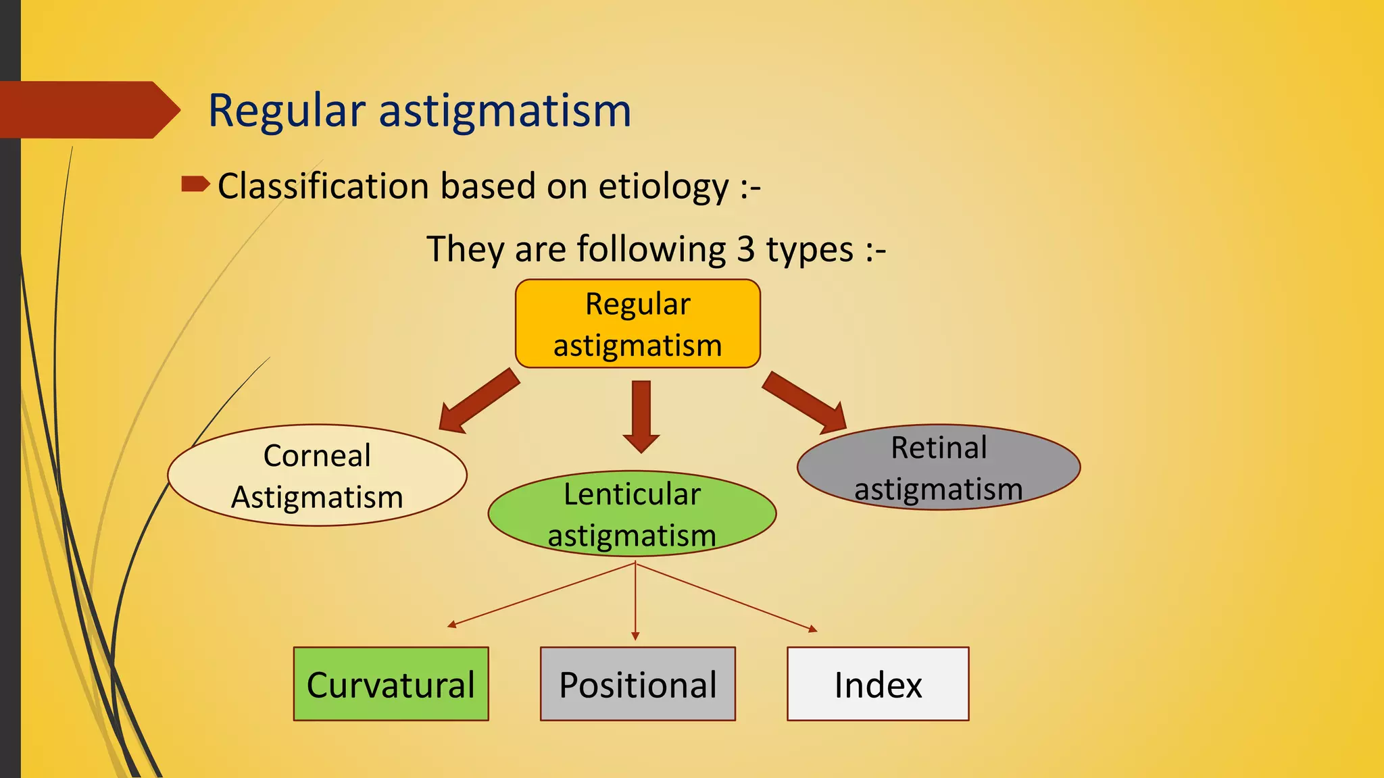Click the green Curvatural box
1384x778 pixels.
tap(391, 683)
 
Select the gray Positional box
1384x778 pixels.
tap(637, 683)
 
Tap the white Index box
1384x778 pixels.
tap(877, 683)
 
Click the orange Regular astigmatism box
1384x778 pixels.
tap(637, 323)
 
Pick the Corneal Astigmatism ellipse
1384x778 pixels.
tap(317, 475)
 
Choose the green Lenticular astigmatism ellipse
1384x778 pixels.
tap(632, 514)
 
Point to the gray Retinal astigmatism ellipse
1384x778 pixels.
tap(938, 467)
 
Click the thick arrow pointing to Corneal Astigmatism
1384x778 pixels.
tap(477, 402)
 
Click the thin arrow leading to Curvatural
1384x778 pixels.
tap(541, 594)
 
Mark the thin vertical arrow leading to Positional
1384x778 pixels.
tap(635, 601)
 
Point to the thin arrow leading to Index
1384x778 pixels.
tap(726, 596)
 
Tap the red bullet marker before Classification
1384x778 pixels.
tap(195, 184)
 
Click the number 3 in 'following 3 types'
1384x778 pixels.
tap(745, 249)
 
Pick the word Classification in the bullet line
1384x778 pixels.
tap(323, 186)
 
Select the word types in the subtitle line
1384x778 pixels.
tap(810, 249)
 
